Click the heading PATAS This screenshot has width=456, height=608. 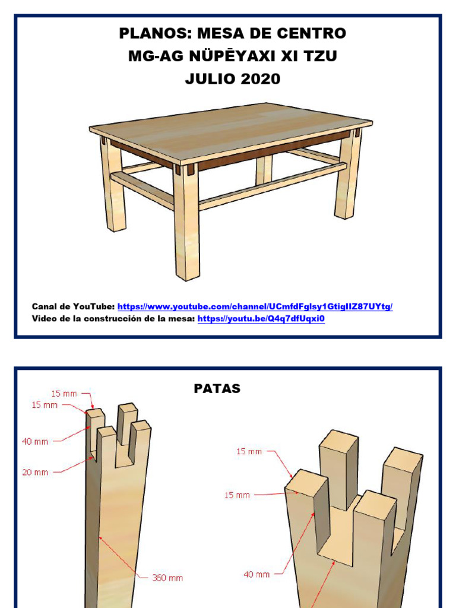(217, 388)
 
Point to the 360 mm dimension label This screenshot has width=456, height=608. (167, 578)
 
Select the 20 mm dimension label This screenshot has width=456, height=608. (35, 472)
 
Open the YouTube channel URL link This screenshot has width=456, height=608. (255, 307)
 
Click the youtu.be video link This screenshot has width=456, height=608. (261, 319)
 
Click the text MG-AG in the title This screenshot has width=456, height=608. (156, 56)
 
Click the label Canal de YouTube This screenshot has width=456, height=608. (73, 307)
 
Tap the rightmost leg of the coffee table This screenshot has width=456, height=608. (346, 175)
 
